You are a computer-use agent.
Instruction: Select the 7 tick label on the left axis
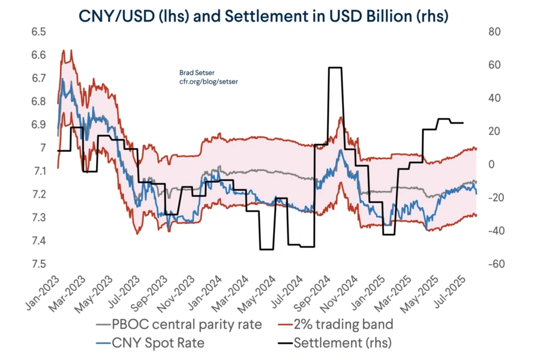(42, 148)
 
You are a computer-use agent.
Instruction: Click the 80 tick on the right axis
(494, 31)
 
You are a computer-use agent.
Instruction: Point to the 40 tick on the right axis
(494, 98)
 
